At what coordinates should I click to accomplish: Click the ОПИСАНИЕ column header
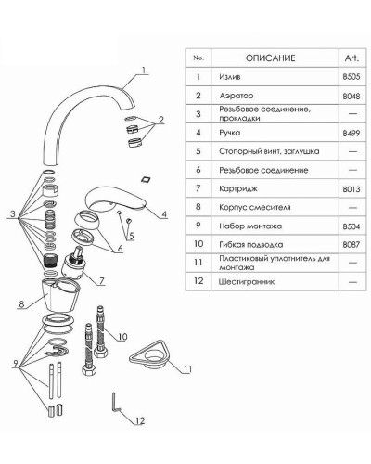(x=270, y=58)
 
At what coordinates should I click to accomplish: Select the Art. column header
(x=352, y=58)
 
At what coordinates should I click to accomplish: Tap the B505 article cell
(x=352, y=77)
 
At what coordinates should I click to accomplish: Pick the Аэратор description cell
(x=237, y=96)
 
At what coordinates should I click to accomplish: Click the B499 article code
(x=352, y=133)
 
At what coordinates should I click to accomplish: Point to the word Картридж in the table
(x=238, y=188)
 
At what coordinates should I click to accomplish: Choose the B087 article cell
(x=352, y=245)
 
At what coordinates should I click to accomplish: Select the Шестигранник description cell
(x=247, y=282)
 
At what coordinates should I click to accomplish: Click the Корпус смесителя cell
(x=255, y=207)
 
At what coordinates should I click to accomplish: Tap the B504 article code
(x=352, y=226)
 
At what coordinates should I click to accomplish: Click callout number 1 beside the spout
(x=144, y=70)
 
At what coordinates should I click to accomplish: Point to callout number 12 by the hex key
(x=140, y=420)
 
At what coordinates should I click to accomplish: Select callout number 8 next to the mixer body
(x=21, y=303)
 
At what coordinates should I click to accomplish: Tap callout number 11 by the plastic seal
(x=188, y=369)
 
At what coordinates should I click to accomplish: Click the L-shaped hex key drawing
(x=114, y=402)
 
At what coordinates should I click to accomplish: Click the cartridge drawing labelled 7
(x=72, y=263)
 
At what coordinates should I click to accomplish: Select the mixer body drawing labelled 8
(x=60, y=294)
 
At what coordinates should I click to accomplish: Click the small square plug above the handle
(x=145, y=179)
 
